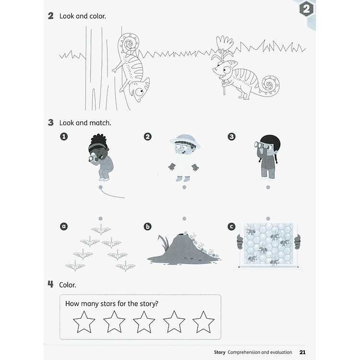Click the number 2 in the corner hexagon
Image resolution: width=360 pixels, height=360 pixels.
pyautogui.click(x=306, y=10)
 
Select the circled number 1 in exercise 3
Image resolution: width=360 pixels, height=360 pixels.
pyautogui.click(x=64, y=137)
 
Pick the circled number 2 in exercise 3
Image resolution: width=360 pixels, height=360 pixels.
pyautogui.click(x=147, y=137)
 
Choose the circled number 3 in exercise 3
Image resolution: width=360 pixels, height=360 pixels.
pyautogui.click(x=232, y=137)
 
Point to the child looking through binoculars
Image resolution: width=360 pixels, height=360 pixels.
pyautogui.click(x=267, y=156)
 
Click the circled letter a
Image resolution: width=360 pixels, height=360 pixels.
pyautogui.click(x=64, y=226)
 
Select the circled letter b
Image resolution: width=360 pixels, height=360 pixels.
pyautogui.click(x=148, y=226)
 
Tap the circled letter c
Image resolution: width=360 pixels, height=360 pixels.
pyautogui.click(x=232, y=226)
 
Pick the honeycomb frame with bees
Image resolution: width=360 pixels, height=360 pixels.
pyautogui.click(x=268, y=245)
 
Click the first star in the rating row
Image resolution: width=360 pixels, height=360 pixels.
pyautogui.click(x=84, y=322)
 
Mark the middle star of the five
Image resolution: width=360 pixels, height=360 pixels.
pyautogui.click(x=144, y=322)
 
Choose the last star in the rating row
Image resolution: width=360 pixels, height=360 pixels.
pyautogui.click(x=203, y=322)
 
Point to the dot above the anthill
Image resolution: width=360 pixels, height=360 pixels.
pyautogui.click(x=184, y=218)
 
